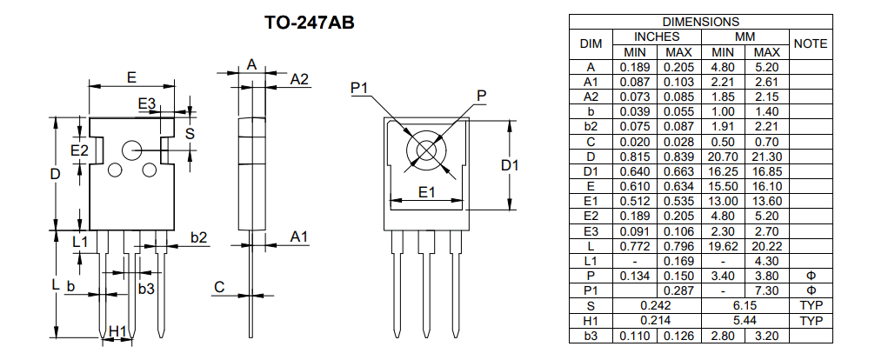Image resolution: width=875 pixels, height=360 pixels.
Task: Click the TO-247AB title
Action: (x=309, y=23)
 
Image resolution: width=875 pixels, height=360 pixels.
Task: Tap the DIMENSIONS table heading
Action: (x=700, y=22)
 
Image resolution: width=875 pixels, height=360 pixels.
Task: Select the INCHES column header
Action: (x=657, y=37)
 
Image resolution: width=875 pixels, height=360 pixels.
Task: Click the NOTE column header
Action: (x=810, y=43)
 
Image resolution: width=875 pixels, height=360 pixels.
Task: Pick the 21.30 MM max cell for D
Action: (x=766, y=156)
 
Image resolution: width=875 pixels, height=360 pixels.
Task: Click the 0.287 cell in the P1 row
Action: (x=679, y=290)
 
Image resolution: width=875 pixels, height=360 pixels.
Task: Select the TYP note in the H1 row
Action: (x=810, y=321)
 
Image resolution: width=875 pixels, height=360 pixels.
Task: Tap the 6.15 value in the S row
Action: (x=745, y=305)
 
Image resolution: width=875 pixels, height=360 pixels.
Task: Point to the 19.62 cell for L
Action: (x=723, y=246)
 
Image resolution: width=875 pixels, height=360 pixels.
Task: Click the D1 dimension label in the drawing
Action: (x=510, y=165)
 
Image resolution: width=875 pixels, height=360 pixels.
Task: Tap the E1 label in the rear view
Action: (x=425, y=192)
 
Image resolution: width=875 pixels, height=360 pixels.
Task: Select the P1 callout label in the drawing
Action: (x=360, y=88)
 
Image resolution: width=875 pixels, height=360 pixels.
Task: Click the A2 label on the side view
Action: (x=299, y=79)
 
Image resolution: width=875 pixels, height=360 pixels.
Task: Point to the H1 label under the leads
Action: (x=118, y=330)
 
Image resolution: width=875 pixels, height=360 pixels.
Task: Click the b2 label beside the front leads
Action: (x=198, y=237)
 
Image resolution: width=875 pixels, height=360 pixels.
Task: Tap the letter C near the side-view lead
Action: (x=220, y=287)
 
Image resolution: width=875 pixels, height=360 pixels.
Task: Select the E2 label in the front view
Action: (x=79, y=150)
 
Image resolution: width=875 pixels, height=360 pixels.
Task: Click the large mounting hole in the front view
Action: (x=132, y=150)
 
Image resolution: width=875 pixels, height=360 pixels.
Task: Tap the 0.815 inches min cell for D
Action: (x=635, y=156)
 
